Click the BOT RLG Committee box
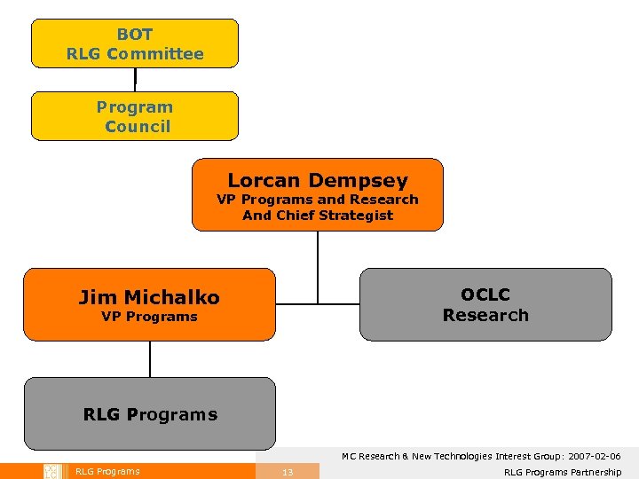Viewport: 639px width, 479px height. click(135, 43)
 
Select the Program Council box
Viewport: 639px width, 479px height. click(135, 116)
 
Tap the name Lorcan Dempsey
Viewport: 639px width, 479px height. click(318, 180)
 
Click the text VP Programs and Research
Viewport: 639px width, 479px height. click(318, 200)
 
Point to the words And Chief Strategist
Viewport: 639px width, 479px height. click(318, 216)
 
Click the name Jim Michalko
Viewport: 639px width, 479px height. click(149, 297)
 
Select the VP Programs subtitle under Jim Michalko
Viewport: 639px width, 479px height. click(149, 317)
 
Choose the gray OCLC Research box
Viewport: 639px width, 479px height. click(485, 304)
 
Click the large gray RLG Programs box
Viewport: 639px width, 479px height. click(149, 414)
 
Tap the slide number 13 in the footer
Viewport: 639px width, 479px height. click(288, 472)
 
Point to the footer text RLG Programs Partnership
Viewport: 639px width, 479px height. click(563, 472)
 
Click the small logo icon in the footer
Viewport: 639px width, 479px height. click(51, 471)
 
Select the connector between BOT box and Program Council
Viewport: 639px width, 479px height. click(135, 80)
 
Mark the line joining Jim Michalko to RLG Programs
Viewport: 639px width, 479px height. click(150, 359)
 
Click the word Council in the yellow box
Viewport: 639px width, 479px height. click(138, 126)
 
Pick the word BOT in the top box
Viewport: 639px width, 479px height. click(135, 35)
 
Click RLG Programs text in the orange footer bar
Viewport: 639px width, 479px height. click(107, 471)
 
